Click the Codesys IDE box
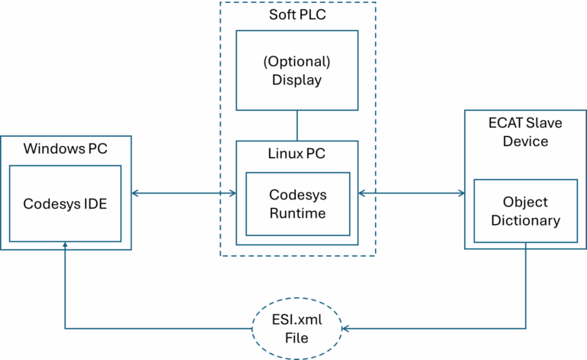(65, 204)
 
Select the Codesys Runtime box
(297, 204)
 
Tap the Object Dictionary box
(526, 212)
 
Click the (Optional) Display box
(297, 70)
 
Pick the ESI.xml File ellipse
(297, 327)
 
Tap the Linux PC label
(297, 154)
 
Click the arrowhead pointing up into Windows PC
(65, 247)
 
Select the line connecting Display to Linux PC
(297, 125)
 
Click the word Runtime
(297, 213)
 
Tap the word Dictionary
(526, 221)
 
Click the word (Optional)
(297, 61)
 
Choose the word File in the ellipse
(297, 336)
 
